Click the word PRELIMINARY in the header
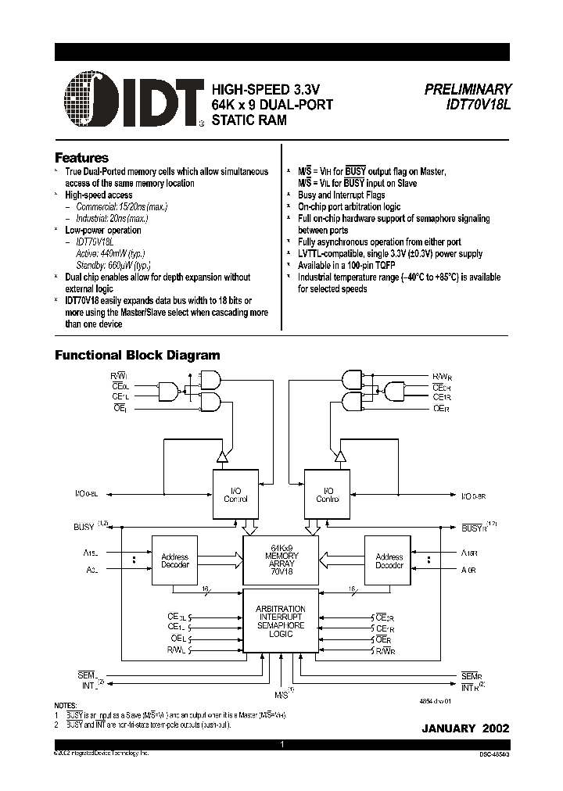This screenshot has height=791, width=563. pos(468,90)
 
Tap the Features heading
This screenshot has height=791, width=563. pos(81,157)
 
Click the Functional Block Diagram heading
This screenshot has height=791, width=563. pos(137,355)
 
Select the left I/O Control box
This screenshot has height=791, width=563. pos(235,494)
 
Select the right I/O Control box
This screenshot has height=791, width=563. pos(326,494)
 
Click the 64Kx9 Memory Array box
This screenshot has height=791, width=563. pos(281,560)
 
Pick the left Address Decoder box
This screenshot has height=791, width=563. pos(174,560)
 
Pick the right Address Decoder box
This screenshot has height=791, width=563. pos(389,560)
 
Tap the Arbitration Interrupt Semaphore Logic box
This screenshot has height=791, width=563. pos(281,621)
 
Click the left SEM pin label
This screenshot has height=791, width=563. pos(86,675)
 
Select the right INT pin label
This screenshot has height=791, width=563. pos(469,687)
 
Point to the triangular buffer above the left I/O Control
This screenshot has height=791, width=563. pos(222,455)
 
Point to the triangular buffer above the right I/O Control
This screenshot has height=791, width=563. pos(339,455)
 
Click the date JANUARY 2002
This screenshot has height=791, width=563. pos(465,728)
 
